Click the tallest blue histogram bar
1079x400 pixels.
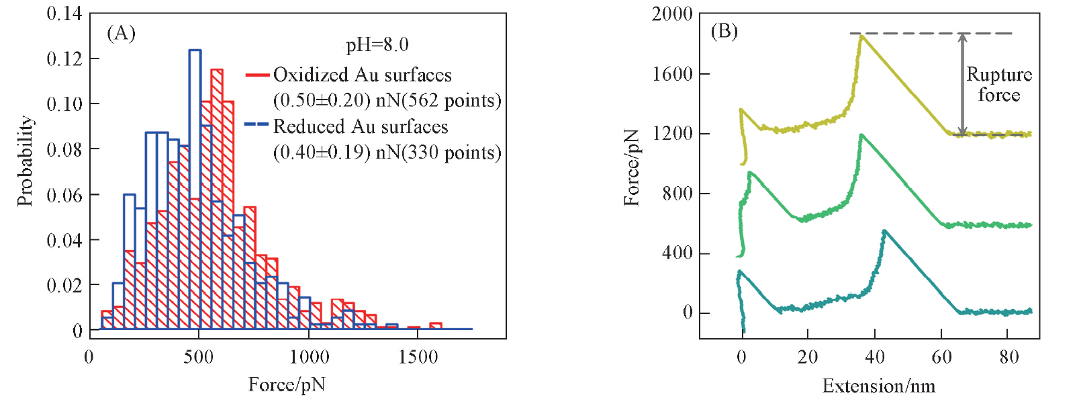tap(195, 188)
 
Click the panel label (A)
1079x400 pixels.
tap(121, 33)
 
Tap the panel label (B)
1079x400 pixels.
tap(724, 31)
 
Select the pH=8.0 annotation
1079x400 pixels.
tap(377, 45)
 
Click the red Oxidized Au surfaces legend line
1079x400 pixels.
tap(257, 75)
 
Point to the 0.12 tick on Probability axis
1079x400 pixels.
tap(64, 58)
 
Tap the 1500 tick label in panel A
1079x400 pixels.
tap(418, 357)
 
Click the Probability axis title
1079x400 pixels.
tap(25, 161)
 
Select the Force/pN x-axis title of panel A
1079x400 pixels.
tap(287, 385)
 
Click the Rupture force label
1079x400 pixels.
tap(998, 85)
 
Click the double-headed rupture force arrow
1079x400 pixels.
tap(962, 84)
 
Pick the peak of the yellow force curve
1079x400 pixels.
tap(861, 36)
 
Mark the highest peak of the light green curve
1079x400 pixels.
tap(861, 135)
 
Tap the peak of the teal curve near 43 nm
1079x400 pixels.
tap(884, 231)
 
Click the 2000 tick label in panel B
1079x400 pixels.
tap(671, 14)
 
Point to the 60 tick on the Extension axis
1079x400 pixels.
tap(941, 357)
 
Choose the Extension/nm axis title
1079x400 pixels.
tap(878, 386)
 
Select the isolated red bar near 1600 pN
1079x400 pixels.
tap(436, 326)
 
